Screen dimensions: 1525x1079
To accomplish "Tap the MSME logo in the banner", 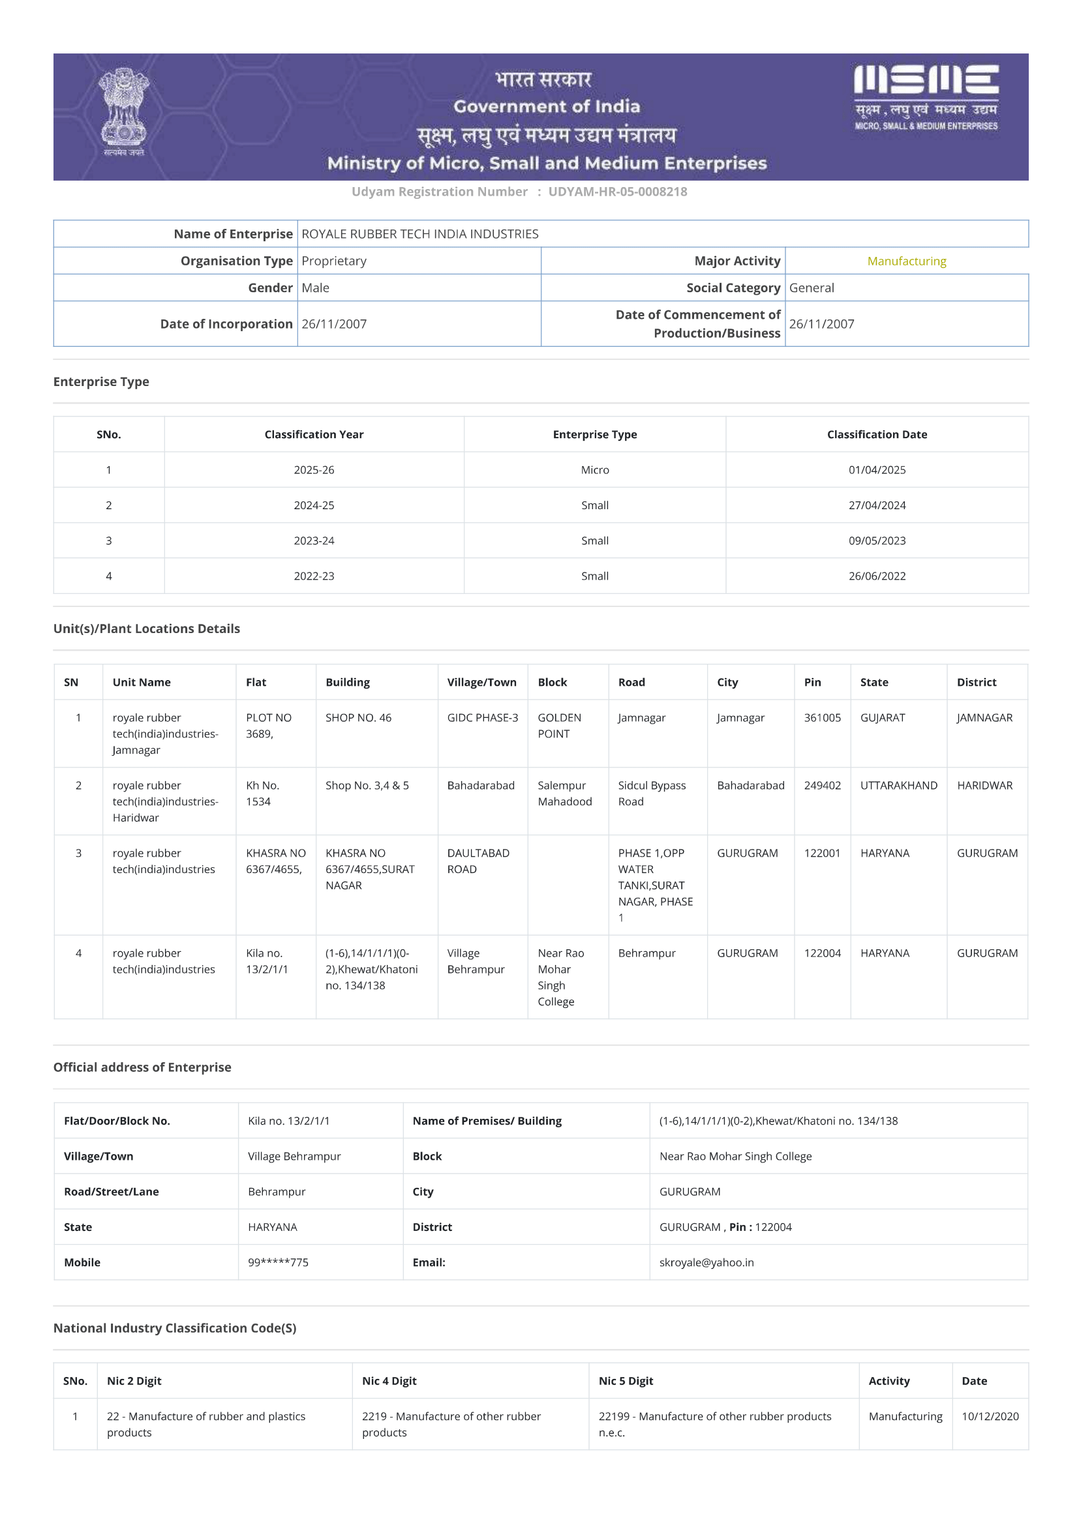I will [x=926, y=97].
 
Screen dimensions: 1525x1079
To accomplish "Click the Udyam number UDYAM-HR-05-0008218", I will [x=617, y=192].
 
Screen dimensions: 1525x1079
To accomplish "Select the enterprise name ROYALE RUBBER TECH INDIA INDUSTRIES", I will [x=420, y=234].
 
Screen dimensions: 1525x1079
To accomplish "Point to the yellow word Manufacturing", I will [x=906, y=261].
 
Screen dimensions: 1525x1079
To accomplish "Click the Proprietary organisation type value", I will [x=334, y=261].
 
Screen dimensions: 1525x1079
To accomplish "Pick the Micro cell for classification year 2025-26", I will [x=595, y=469].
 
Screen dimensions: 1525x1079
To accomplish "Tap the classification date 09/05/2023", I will [x=876, y=540].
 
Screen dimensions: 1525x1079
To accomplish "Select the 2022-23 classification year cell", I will [x=314, y=576].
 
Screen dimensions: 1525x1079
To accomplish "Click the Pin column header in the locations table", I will [x=812, y=682].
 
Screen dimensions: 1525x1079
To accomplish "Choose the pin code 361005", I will [x=822, y=717].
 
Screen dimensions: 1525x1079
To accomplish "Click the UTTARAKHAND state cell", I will [x=898, y=785].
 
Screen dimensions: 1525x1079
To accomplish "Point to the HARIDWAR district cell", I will [x=984, y=785].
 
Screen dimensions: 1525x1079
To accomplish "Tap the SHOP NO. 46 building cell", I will [x=358, y=717].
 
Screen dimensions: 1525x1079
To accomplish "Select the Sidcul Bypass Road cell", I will [x=651, y=793].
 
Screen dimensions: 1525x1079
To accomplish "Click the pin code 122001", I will [x=822, y=853].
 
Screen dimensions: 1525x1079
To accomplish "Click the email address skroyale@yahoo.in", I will [x=707, y=1262].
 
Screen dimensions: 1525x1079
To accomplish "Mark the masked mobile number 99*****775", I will [x=278, y=1262].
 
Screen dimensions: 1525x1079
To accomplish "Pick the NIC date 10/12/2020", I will [x=990, y=1416].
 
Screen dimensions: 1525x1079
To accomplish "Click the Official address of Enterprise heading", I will [x=142, y=1067].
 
